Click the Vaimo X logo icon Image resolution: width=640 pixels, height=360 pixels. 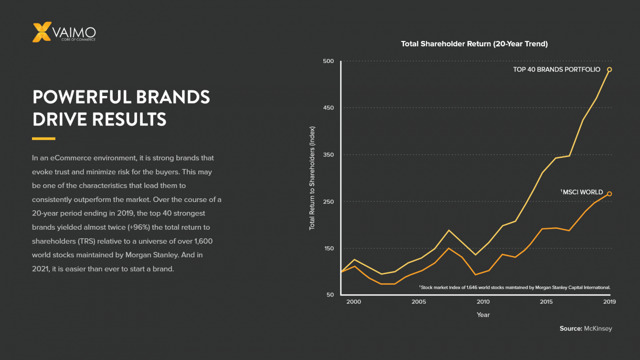pyautogui.click(x=42, y=32)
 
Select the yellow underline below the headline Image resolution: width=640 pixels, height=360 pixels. pyautogui.click(x=43, y=139)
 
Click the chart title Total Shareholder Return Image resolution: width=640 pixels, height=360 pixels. pyautogui.click(x=474, y=44)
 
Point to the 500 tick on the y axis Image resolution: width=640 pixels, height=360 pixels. pyautogui.click(x=328, y=61)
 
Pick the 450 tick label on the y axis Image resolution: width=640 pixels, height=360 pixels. pyautogui.click(x=328, y=108)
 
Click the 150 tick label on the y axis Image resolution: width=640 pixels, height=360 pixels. pyautogui.click(x=328, y=248)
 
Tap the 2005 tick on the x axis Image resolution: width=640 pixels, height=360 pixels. pyautogui.click(x=419, y=302)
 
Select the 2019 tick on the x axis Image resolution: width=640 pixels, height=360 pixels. pyautogui.click(x=609, y=302)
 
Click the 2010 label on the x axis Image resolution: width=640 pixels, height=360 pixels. pyautogui.click(x=483, y=302)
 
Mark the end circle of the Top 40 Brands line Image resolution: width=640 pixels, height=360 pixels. pyautogui.click(x=609, y=70)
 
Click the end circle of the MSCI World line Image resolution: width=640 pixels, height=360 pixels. pyautogui.click(x=609, y=194)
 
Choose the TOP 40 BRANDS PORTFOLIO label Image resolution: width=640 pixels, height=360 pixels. pyautogui.click(x=556, y=70)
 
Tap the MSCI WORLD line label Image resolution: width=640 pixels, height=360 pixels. pyautogui.click(x=582, y=192)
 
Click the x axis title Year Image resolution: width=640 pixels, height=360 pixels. pyautogui.click(x=483, y=315)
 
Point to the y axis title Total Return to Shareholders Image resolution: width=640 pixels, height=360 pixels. pyautogui.click(x=312, y=178)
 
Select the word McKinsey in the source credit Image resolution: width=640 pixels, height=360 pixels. pyautogui.click(x=598, y=328)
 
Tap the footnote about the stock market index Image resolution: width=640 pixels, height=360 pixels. pyautogui.click(x=515, y=287)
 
